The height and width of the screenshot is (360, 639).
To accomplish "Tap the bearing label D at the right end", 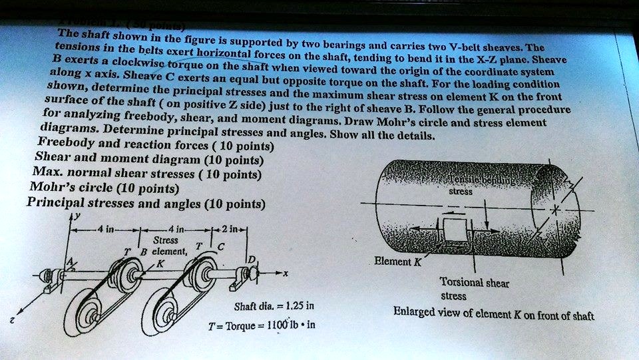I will click(x=252, y=258).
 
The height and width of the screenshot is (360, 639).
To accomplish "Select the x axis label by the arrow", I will click(x=286, y=275).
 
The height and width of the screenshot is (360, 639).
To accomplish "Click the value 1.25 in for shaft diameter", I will click(x=295, y=307).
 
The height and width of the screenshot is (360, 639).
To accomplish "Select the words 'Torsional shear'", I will click(x=475, y=283).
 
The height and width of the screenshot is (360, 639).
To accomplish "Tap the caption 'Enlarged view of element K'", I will click(x=493, y=313).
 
